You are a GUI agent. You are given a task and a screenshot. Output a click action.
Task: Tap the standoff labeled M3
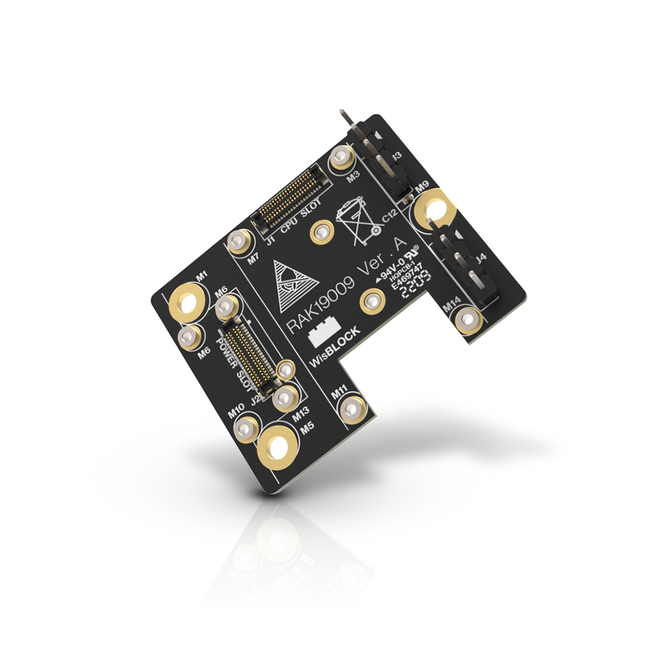(341, 157)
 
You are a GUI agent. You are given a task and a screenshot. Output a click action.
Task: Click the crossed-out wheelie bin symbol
(357, 223)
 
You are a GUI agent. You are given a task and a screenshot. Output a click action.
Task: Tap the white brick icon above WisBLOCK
(324, 332)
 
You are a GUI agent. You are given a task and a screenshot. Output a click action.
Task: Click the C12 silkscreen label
(389, 217)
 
